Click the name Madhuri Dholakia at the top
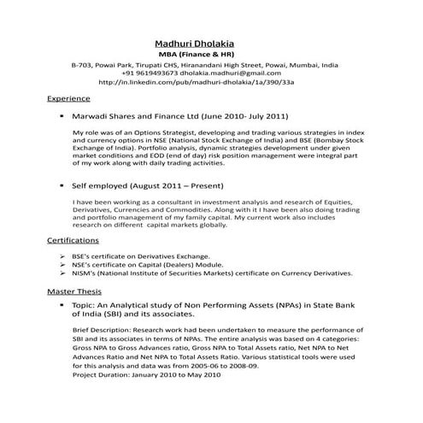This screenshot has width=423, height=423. coord(197,43)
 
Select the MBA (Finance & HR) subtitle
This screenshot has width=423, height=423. coord(197,54)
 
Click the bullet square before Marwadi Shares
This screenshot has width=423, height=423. coord(62,115)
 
